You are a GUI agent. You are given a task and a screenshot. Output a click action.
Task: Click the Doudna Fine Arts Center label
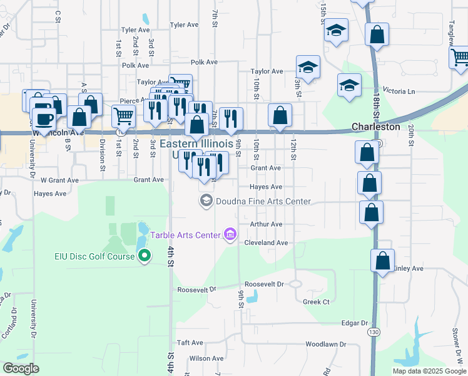tap(263, 201)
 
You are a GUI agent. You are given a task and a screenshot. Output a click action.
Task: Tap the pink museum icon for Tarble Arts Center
tap(230, 235)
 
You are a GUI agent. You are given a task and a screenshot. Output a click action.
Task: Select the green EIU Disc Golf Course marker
tap(145, 256)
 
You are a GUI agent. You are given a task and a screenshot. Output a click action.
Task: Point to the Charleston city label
tap(375, 127)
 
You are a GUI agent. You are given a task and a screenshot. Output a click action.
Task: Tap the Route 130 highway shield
tap(374, 331)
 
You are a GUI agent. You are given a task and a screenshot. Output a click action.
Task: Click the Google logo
tap(21, 368)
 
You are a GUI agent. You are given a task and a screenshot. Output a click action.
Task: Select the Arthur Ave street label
tap(267, 224)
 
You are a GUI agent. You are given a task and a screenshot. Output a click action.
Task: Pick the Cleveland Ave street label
tap(266, 243)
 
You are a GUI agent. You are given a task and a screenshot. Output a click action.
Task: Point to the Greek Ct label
tap(316, 302)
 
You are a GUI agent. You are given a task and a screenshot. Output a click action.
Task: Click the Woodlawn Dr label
tap(326, 345)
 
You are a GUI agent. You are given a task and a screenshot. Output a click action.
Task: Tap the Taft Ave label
tap(190, 343)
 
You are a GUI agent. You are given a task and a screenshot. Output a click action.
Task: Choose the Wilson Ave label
tap(206, 358)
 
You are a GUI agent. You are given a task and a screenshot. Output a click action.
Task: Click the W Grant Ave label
tap(59, 180)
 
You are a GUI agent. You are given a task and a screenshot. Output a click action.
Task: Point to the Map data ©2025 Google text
tap(429, 371)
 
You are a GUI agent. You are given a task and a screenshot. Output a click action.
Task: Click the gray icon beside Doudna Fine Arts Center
tap(205, 201)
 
